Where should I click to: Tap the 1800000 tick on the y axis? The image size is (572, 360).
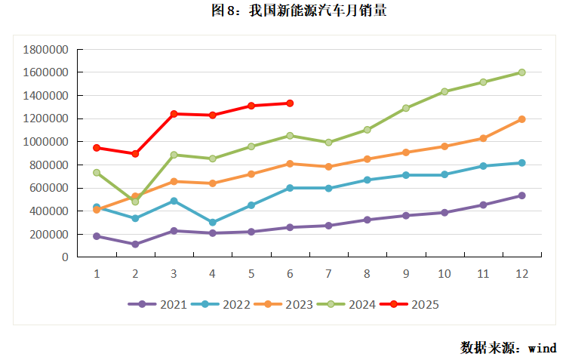coord(46,50)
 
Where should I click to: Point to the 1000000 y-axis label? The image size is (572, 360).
coord(46,142)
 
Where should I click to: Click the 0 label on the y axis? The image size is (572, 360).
coord(65,257)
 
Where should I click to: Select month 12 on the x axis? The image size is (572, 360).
coord(521,273)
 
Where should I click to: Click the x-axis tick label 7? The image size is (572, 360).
coord(328,273)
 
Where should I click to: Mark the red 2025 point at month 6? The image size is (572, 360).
coord(290,103)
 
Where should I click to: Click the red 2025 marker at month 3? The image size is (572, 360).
coord(174,114)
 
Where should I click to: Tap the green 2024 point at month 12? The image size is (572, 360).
coord(521,72)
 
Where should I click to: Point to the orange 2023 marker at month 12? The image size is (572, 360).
coord(521,119)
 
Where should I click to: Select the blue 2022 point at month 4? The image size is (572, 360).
coord(212,223)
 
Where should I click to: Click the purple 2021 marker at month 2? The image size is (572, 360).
coord(135,245)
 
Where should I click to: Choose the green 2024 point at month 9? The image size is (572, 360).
coord(405,108)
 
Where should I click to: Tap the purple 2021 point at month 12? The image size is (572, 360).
coord(521,195)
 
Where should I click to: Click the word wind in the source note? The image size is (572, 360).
coord(542,348)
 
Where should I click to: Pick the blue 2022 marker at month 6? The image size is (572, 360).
coord(290,188)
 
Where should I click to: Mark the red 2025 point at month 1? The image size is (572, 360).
coord(97,148)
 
